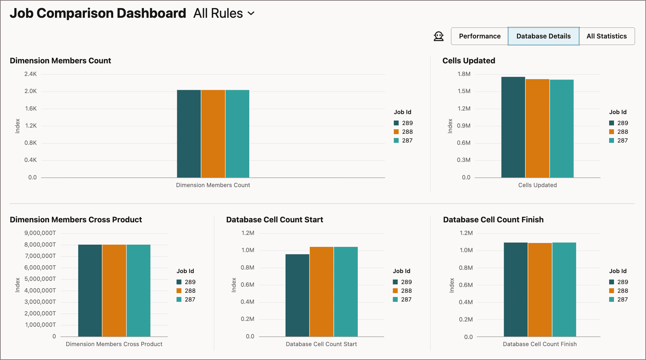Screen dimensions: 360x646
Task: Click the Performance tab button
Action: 479,36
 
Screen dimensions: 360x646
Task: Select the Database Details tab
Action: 543,36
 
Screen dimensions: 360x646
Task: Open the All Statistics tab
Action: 607,36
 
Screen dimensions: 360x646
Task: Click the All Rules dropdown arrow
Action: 251,14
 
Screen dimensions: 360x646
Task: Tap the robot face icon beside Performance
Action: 438,36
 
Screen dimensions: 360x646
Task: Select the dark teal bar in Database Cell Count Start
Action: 297,295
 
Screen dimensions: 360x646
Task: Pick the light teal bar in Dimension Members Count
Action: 237,134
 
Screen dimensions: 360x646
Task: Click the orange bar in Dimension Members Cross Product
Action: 114,291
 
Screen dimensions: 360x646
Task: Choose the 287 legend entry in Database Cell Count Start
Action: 402,300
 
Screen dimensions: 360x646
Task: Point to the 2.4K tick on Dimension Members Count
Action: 31,74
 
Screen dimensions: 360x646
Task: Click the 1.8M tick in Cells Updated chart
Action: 464,74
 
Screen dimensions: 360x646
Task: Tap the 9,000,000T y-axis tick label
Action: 40,233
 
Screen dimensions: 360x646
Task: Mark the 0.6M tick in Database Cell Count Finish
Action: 466,285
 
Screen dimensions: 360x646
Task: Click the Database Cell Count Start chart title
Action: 275,220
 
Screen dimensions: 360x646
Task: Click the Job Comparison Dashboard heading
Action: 98,13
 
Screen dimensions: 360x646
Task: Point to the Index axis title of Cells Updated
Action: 450,126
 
